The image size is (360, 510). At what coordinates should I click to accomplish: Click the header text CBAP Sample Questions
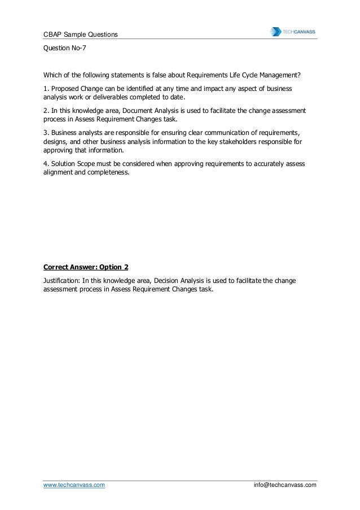click(81, 35)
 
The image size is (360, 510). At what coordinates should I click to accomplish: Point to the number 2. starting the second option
click(46, 111)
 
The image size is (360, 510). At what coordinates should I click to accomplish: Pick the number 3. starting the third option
click(46, 132)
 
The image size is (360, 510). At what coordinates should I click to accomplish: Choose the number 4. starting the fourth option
click(46, 164)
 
